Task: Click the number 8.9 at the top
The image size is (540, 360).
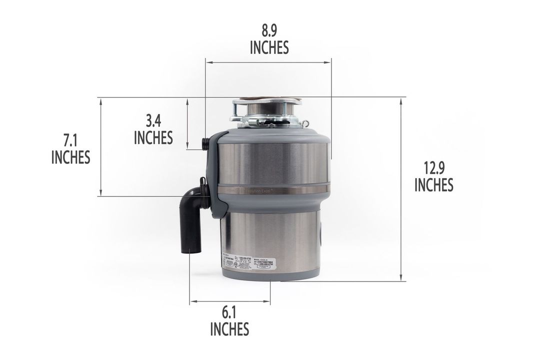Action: pos(269,31)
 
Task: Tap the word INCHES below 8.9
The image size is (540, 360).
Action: pos(269,47)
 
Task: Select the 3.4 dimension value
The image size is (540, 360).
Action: pos(153,121)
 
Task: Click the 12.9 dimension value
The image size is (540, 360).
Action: pos(433,168)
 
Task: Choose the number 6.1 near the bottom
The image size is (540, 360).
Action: pos(229,313)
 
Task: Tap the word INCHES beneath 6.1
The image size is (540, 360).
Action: pos(229,329)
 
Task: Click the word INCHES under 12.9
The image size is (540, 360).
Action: pos(433,185)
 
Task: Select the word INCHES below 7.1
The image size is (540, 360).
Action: pos(70,157)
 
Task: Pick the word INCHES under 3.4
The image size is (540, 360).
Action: pos(153,137)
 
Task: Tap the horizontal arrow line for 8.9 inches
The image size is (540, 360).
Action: pos(268,62)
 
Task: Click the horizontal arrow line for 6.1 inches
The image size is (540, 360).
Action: pos(229,302)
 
